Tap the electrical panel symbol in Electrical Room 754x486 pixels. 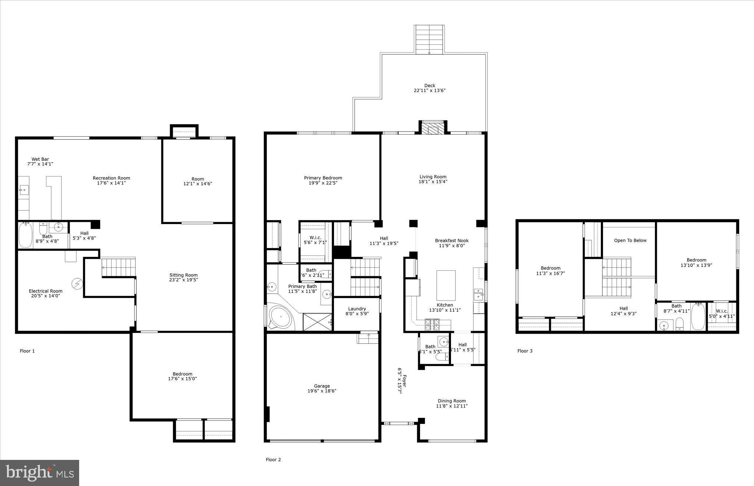pyautogui.click(x=77, y=284)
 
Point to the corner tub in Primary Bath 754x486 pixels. pyautogui.click(x=281, y=316)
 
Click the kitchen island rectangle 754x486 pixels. pyautogui.click(x=446, y=285)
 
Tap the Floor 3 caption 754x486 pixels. pyautogui.click(x=525, y=351)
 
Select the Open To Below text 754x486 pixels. pyautogui.click(x=630, y=241)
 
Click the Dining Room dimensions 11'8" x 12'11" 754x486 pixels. pyautogui.click(x=452, y=406)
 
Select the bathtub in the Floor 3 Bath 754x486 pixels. pyautogui.click(x=698, y=317)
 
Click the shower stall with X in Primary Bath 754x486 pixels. pyautogui.click(x=317, y=322)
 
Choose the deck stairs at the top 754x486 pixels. pyautogui.click(x=429, y=40)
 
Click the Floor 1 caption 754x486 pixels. pyautogui.click(x=27, y=351)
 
